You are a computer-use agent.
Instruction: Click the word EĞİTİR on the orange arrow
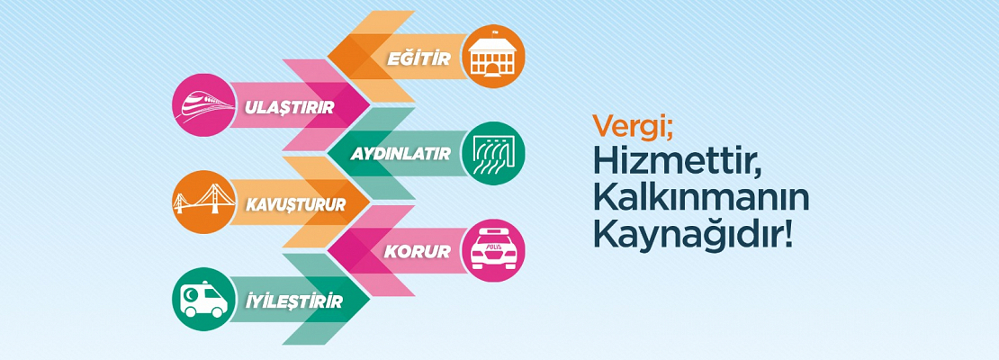tap(418, 58)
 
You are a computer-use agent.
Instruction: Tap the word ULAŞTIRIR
tap(289, 107)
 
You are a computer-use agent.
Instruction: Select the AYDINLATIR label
tap(400, 155)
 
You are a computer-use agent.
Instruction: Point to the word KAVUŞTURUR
tap(295, 204)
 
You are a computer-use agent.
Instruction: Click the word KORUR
tap(417, 252)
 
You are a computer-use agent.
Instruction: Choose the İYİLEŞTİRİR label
tap(293, 300)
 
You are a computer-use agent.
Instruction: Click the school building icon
tap(493, 58)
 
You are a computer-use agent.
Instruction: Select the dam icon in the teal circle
tap(493, 154)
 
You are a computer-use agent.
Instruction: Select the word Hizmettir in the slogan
tap(677, 162)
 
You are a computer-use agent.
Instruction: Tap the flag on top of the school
tap(494, 31)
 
